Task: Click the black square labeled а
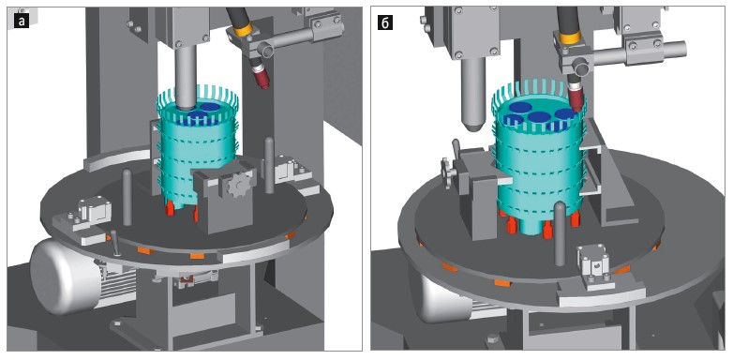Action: pyautogui.click(x=22, y=22)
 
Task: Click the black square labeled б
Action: pyautogui.click(x=384, y=22)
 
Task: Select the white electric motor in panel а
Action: pyautogui.click(x=66, y=276)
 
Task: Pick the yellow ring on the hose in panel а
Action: pyautogui.click(x=243, y=31)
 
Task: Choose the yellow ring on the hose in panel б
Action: pyautogui.click(x=570, y=37)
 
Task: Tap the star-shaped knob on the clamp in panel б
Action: pyautogui.click(x=447, y=172)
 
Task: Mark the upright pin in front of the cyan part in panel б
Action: pyautogui.click(x=559, y=233)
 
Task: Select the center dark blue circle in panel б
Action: pyautogui.click(x=540, y=116)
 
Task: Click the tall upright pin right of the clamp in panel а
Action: pyautogui.click(x=269, y=165)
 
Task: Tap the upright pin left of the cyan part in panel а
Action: pyautogui.click(x=127, y=197)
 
